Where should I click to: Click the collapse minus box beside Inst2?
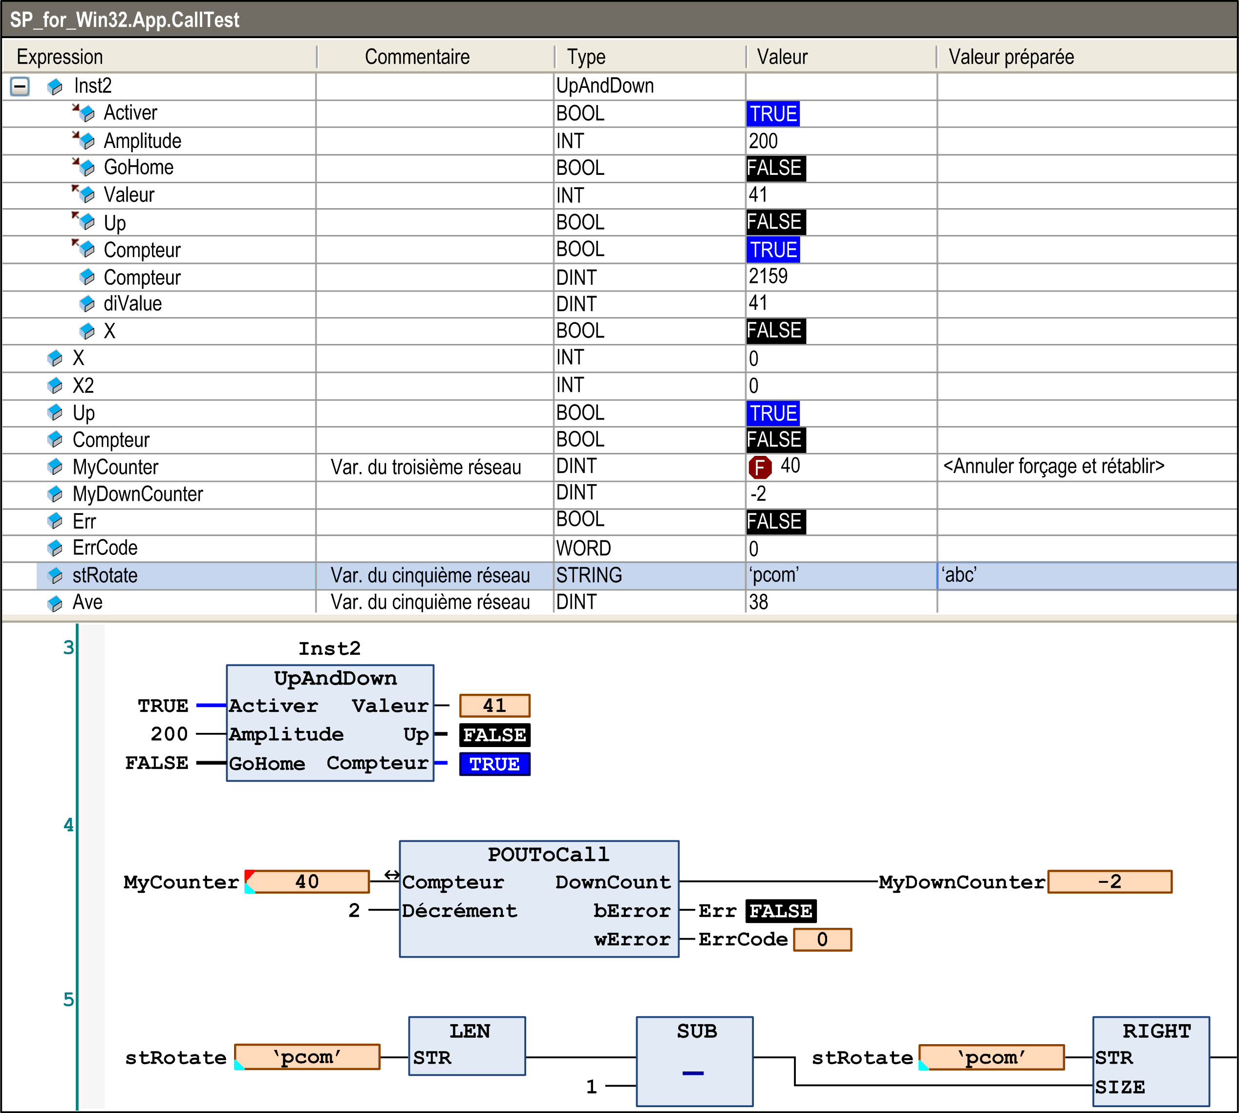point(20,86)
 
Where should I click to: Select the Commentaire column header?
point(417,57)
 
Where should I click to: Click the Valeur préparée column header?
point(1011,57)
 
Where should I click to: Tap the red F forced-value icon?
point(760,467)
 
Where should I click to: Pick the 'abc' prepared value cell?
point(959,575)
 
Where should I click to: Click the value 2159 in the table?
point(768,277)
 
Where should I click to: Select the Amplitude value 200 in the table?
point(763,141)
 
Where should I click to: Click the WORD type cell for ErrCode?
point(583,548)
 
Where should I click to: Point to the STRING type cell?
point(589,575)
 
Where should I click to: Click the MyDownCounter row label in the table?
point(138,494)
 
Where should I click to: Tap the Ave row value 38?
point(758,602)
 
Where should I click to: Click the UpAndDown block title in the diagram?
point(335,678)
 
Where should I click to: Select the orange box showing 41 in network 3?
point(495,706)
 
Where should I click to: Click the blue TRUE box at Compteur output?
point(495,764)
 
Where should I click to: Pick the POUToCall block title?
point(548,855)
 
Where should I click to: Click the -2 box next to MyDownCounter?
point(1110,882)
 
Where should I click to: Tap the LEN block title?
point(470,1031)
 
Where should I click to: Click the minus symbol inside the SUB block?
point(693,1072)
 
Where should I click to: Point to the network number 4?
point(68,825)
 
